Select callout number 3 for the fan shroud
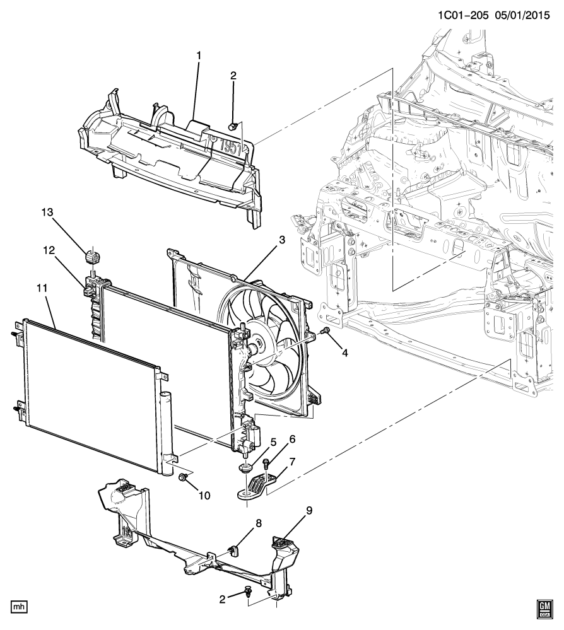pos(282,240)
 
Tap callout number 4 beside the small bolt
pos(345,353)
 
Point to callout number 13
pos(47,212)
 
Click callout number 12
pos(49,250)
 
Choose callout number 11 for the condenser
pos(42,288)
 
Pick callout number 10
pos(204,496)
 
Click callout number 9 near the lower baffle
pos(308,511)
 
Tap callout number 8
pos(259,523)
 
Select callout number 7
pos(292,462)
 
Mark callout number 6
pos(292,440)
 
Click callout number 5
pos(273,442)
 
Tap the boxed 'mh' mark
pos(19,606)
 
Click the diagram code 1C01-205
pos(462,16)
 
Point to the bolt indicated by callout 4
pos(325,331)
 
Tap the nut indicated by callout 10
pos(182,477)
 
